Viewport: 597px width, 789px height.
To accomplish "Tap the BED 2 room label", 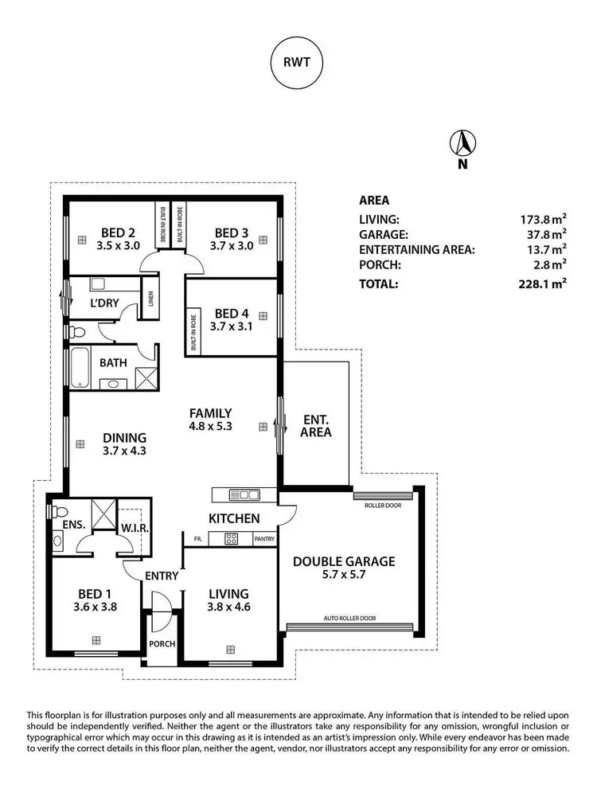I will pyautogui.click(x=117, y=232).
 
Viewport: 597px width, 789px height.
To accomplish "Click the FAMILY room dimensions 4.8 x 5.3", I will pyautogui.click(x=210, y=426).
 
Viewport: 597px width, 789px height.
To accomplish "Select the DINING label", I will pyautogui.click(x=125, y=437).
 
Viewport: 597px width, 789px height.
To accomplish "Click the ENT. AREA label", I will pyautogui.click(x=317, y=426).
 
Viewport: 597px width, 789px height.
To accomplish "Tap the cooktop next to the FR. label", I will pyautogui.click(x=232, y=539).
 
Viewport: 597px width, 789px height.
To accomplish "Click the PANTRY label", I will pyautogui.click(x=265, y=539).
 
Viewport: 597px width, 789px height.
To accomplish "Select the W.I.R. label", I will pyautogui.click(x=132, y=529).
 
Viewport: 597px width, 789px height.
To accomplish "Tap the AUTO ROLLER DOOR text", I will pyautogui.click(x=349, y=618).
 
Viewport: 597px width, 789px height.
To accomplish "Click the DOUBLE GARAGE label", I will pyautogui.click(x=344, y=561).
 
